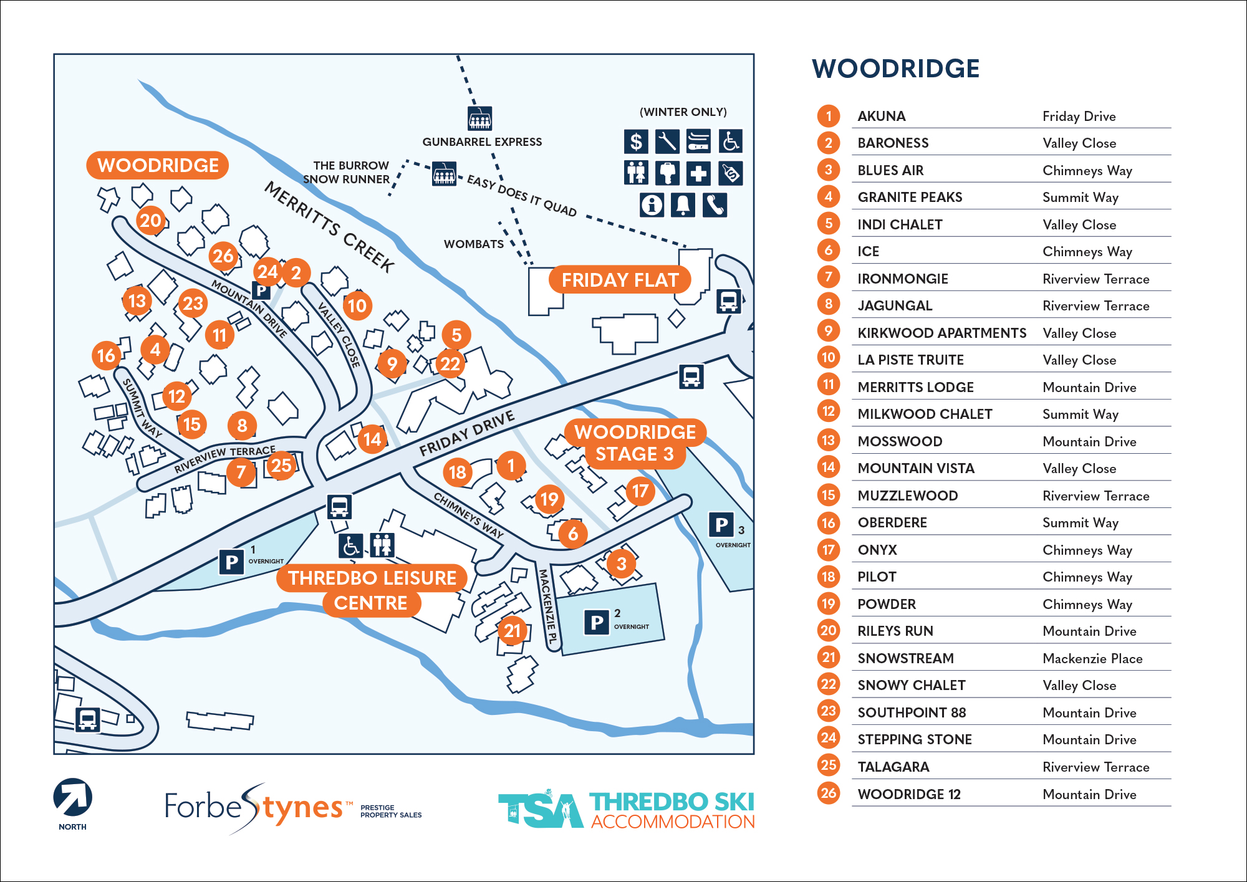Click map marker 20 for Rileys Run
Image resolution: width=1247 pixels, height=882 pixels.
(x=150, y=221)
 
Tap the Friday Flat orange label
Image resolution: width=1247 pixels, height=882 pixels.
(x=620, y=280)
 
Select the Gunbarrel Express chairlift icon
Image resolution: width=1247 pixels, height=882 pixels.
(x=479, y=118)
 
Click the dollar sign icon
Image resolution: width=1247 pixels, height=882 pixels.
(x=636, y=141)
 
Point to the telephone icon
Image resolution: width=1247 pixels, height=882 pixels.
(x=715, y=204)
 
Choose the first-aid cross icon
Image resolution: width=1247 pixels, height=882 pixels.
(x=698, y=173)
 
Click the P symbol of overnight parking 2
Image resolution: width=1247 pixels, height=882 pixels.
(x=597, y=622)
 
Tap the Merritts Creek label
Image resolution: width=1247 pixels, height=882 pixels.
(x=330, y=227)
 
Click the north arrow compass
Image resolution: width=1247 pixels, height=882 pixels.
(x=73, y=797)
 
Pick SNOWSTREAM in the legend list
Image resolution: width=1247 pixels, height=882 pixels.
(x=905, y=658)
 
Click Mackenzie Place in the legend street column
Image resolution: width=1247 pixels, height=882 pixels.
(x=1092, y=658)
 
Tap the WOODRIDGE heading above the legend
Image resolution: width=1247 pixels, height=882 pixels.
(x=895, y=69)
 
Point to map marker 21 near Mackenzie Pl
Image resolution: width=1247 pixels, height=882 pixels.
(x=512, y=631)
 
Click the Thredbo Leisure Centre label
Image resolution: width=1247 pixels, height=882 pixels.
(x=372, y=590)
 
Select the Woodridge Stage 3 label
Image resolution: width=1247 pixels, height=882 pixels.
(x=635, y=443)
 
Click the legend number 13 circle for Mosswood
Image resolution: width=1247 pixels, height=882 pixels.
(x=828, y=441)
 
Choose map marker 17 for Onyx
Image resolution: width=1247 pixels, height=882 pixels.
(x=640, y=491)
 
